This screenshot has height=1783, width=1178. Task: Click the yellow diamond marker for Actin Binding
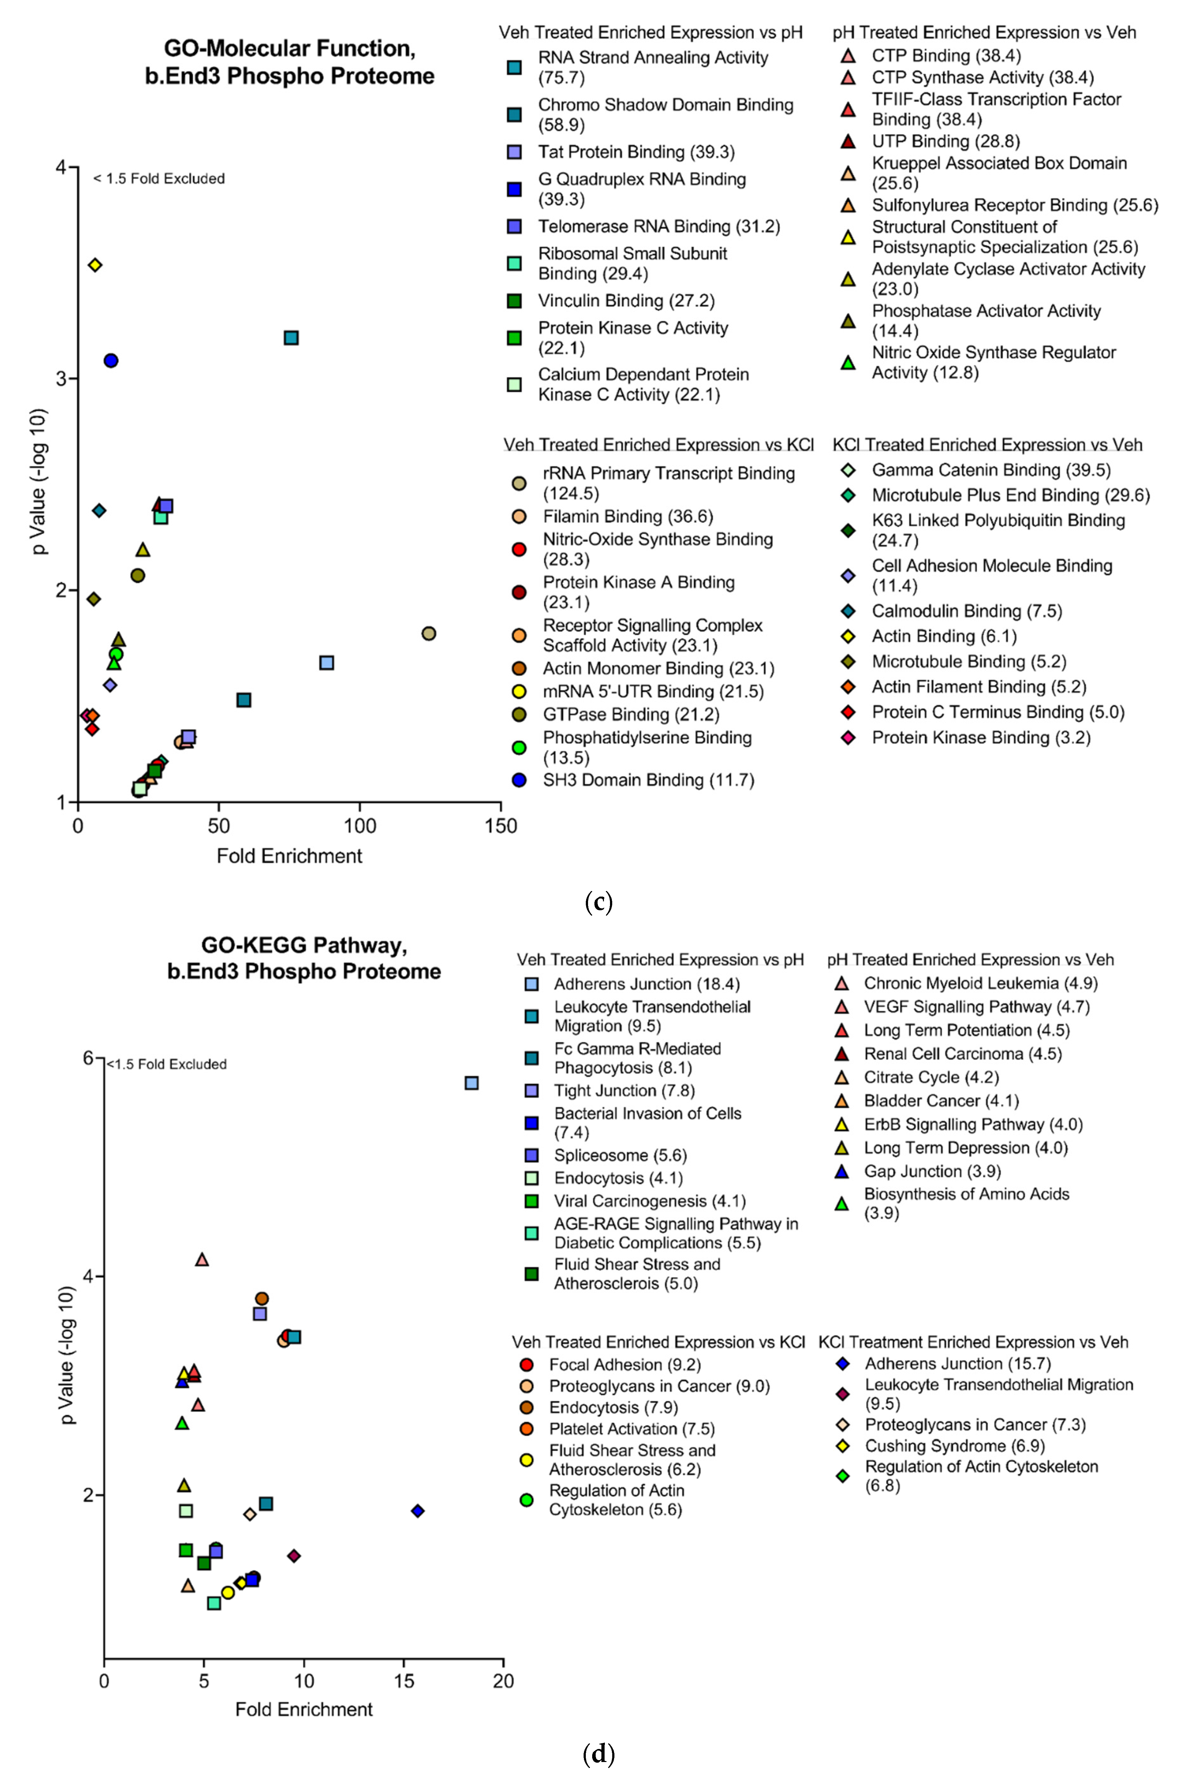point(95,265)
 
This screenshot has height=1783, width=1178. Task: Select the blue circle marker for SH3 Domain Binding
point(111,361)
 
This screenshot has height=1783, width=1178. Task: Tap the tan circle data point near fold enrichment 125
point(429,633)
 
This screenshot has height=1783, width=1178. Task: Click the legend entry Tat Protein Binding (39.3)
point(636,152)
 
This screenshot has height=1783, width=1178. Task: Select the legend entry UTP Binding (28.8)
point(945,141)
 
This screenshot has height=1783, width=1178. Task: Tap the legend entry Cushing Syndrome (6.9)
point(954,1446)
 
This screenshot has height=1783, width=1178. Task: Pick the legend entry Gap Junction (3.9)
point(932,1171)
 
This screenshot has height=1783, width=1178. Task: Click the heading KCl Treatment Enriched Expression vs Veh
point(973,1342)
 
